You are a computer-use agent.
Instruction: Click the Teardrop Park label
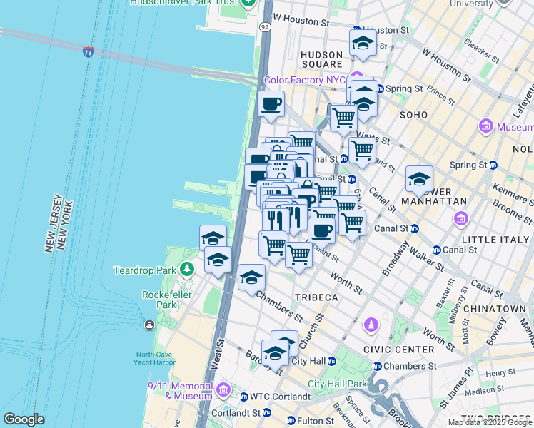click(x=145, y=270)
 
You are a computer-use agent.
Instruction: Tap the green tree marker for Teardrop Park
click(x=187, y=270)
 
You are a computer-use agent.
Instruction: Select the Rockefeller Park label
click(x=158, y=300)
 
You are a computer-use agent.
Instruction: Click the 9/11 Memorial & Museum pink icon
click(x=223, y=390)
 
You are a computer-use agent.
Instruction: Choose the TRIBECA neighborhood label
click(x=315, y=297)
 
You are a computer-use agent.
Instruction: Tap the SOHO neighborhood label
click(x=413, y=115)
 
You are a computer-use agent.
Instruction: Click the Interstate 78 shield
click(x=88, y=53)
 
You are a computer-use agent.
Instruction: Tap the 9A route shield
click(x=266, y=27)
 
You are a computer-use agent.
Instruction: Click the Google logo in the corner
click(x=24, y=419)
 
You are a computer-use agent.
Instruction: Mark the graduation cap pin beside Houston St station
click(x=363, y=44)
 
